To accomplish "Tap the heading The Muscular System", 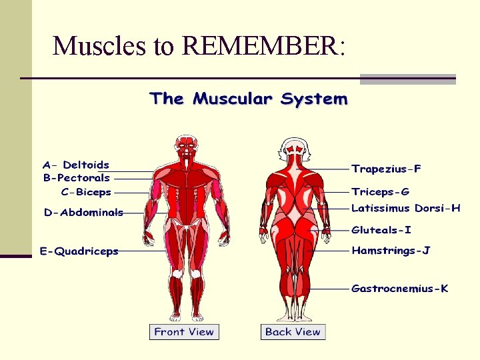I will point(249,99).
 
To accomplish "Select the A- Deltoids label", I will point(76,165).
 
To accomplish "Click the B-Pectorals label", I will point(77,178).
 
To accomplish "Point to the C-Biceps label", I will point(86,192).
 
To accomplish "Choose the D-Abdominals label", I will point(84,213).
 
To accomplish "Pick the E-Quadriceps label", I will point(79,251).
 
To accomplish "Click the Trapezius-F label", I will point(386,169).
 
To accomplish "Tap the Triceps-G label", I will point(380,191).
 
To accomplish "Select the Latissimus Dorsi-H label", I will point(405,208).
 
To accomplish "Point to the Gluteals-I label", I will point(381,230).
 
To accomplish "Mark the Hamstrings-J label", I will point(391,251).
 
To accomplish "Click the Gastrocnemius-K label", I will point(399,289).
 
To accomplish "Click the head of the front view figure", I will point(183,145).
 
